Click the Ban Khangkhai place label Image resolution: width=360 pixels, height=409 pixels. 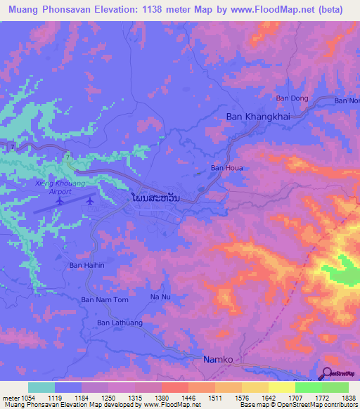(258, 117)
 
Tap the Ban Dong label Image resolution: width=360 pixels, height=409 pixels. (292, 98)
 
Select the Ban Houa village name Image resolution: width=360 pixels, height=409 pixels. (226, 169)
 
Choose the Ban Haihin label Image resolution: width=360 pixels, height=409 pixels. (86, 266)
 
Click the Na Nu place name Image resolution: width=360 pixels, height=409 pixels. (161, 297)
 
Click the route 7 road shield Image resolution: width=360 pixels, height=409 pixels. (13, 146)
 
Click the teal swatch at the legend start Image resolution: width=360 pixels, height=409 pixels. (41, 387)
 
